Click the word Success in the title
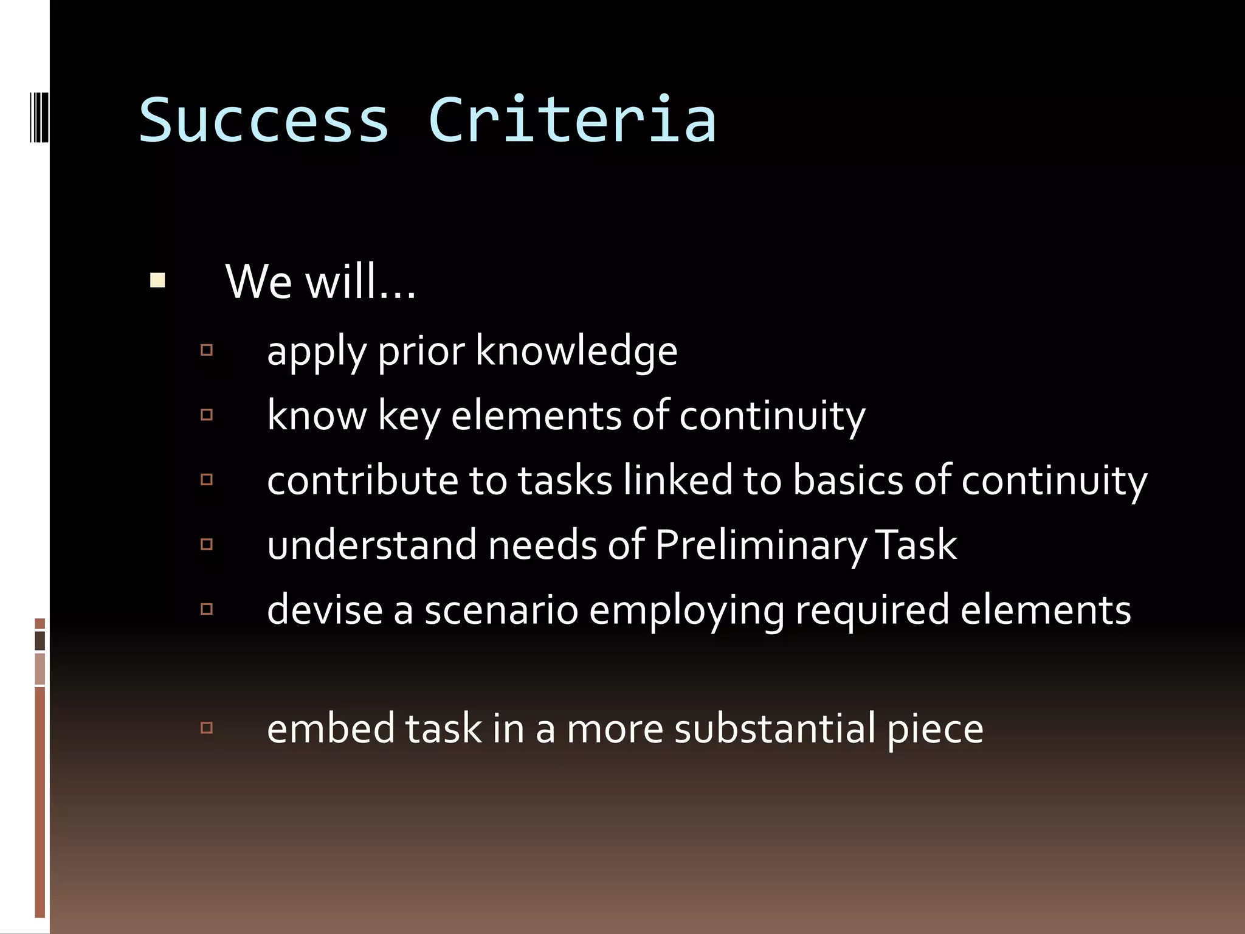tap(263, 120)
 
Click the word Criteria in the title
tap(572, 120)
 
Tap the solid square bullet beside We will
tap(157, 280)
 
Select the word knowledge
tap(576, 351)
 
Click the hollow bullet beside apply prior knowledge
tap(207, 350)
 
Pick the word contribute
tap(362, 480)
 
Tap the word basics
tap(848, 480)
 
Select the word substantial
tap(775, 728)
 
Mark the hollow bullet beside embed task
tap(207, 727)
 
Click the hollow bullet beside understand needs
tap(207, 544)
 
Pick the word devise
tap(325, 610)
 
